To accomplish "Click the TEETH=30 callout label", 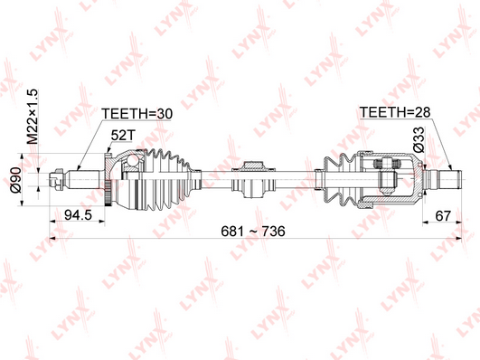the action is click(137, 114).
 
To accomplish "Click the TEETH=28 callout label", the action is click(395, 112).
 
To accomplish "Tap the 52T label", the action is click(122, 135).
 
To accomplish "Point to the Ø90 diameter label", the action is click(15, 180).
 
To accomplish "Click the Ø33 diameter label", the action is click(419, 139).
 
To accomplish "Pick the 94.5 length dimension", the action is click(79, 214).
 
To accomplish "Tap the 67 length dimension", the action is click(443, 215).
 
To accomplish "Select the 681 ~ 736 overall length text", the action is click(253, 231).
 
